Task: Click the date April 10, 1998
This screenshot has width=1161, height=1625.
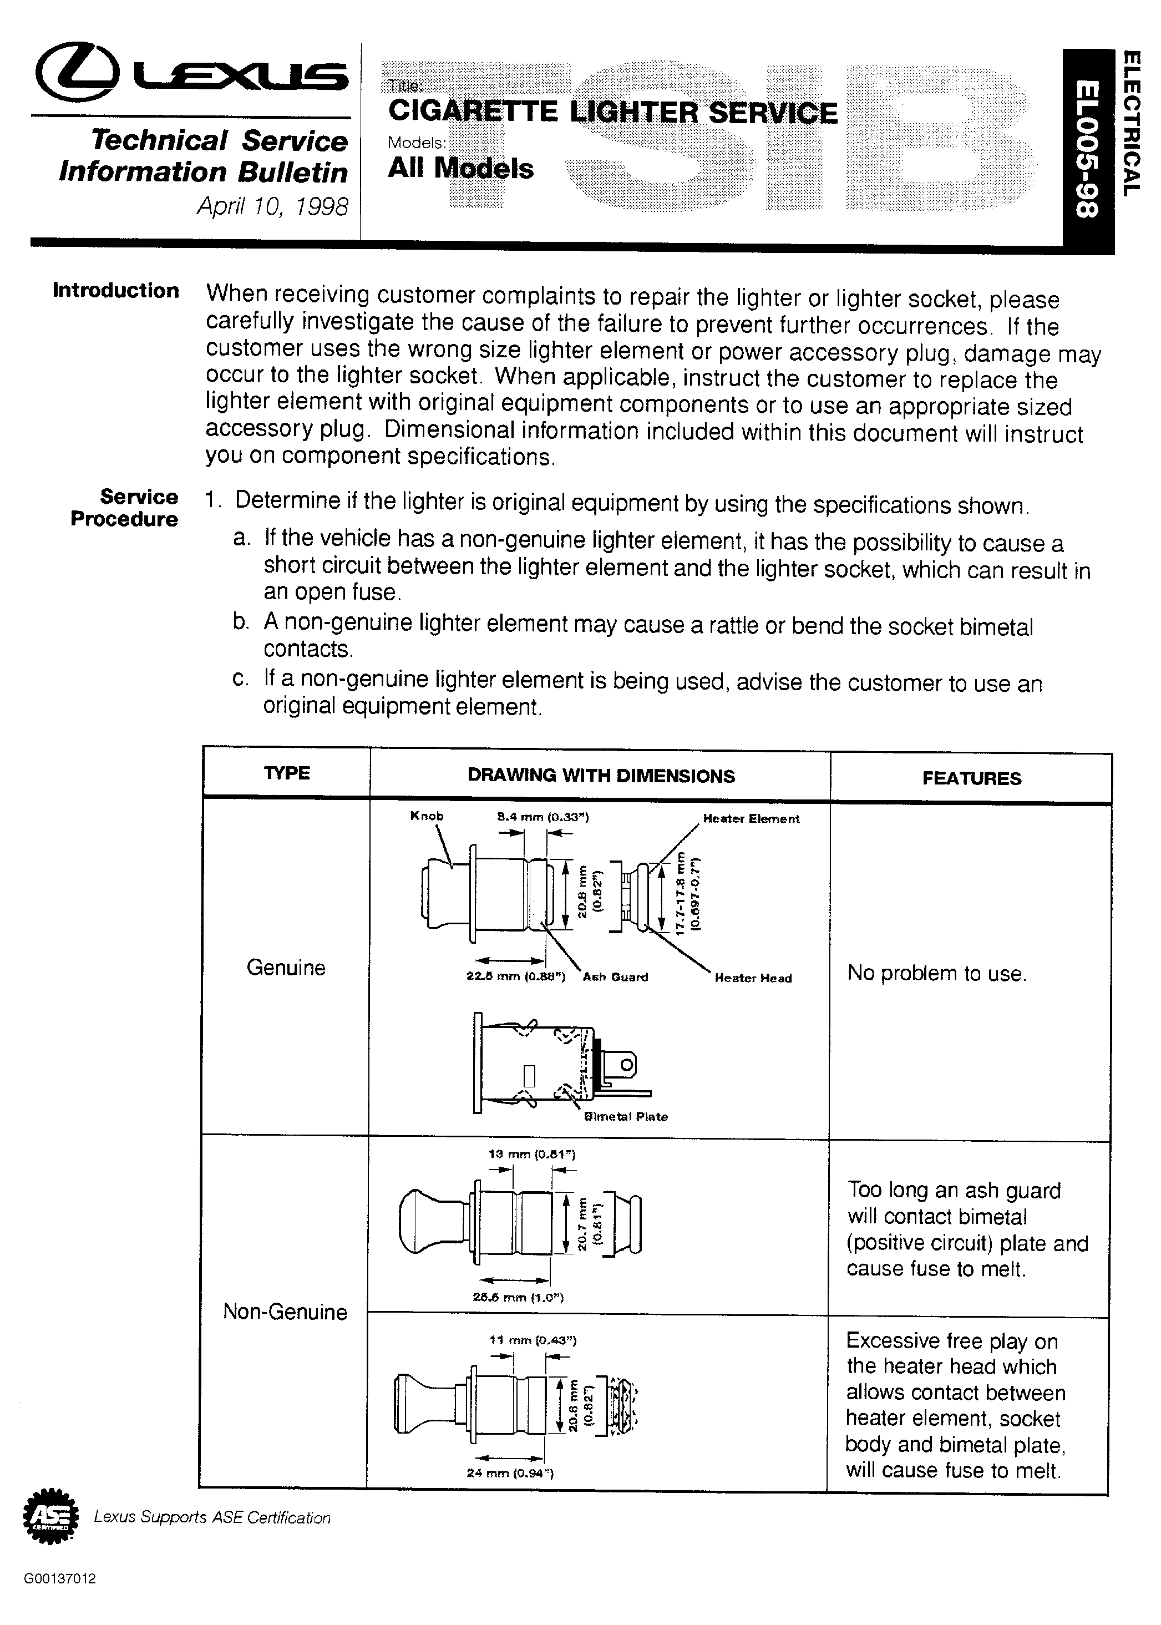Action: (272, 206)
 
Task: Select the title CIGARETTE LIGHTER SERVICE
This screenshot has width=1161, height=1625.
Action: (612, 112)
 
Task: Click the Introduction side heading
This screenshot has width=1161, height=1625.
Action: (116, 290)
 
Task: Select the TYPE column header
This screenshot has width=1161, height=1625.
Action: (287, 773)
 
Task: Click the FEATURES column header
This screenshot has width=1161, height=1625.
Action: (971, 778)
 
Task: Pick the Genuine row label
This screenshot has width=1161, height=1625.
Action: (286, 967)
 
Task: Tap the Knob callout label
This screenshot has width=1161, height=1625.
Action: (427, 816)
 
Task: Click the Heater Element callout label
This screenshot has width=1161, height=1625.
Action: (752, 818)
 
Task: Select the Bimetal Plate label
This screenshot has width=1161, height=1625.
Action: (626, 1117)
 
